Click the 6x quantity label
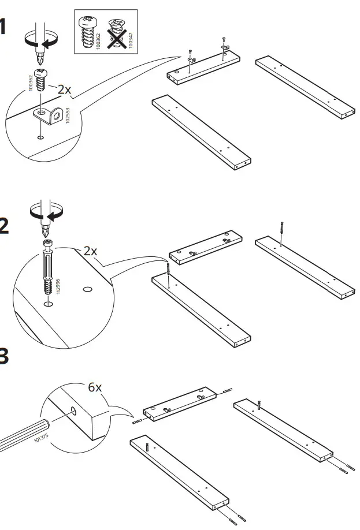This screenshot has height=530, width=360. (x=95, y=387)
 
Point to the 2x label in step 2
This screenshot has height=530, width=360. (x=90, y=251)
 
